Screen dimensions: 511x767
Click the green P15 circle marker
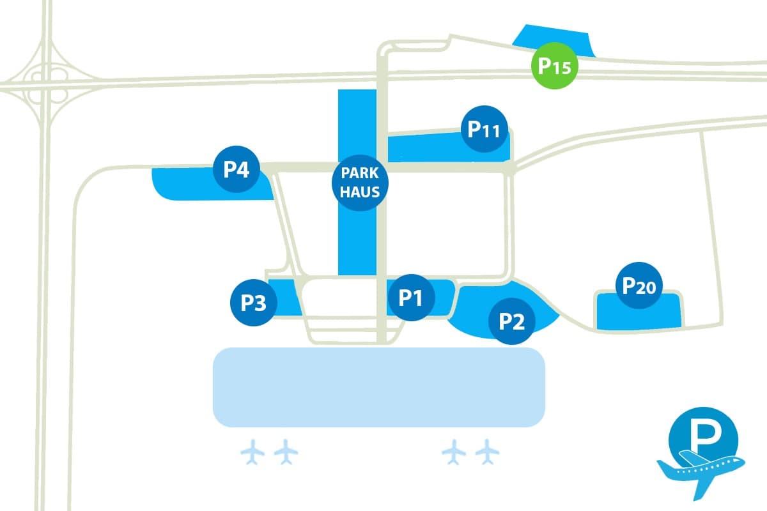pyautogui.click(x=555, y=66)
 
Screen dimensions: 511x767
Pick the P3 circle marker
pyautogui.click(x=253, y=303)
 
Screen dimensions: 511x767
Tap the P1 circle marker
pyautogui.click(x=411, y=297)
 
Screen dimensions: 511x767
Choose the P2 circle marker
pyautogui.click(x=511, y=322)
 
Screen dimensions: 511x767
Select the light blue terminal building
pyautogui.click(x=378, y=387)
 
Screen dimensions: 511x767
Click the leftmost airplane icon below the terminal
pyautogui.click(x=253, y=452)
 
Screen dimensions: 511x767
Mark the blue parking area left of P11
pyautogui.click(x=422, y=147)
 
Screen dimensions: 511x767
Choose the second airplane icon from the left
pyautogui.click(x=286, y=452)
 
